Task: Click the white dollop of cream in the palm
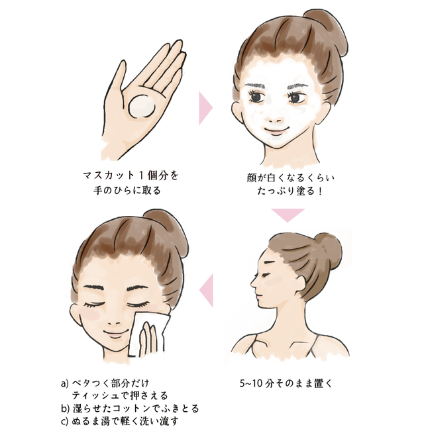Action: click(x=141, y=107)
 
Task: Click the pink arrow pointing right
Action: click(x=206, y=108)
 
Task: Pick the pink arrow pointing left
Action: click(x=207, y=290)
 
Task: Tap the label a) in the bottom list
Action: click(x=65, y=383)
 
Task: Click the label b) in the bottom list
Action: click(x=65, y=408)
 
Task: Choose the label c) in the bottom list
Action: click(x=64, y=421)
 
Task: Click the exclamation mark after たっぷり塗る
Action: click(x=319, y=191)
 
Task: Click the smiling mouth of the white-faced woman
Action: click(x=276, y=130)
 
